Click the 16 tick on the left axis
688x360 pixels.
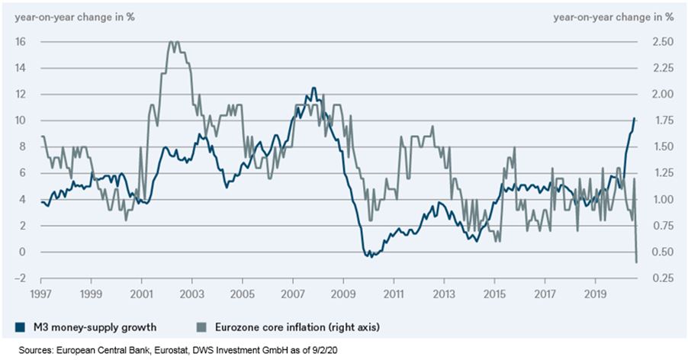[x=21, y=42]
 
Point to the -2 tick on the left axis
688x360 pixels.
[x=20, y=278]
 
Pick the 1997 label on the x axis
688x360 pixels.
[x=40, y=294]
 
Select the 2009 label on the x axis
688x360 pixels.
[x=343, y=294]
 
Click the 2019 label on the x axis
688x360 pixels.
[x=596, y=294]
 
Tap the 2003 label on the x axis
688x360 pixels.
[x=191, y=294]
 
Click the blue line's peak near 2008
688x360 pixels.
[x=313, y=88]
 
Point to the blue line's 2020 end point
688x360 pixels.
[x=635, y=118]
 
